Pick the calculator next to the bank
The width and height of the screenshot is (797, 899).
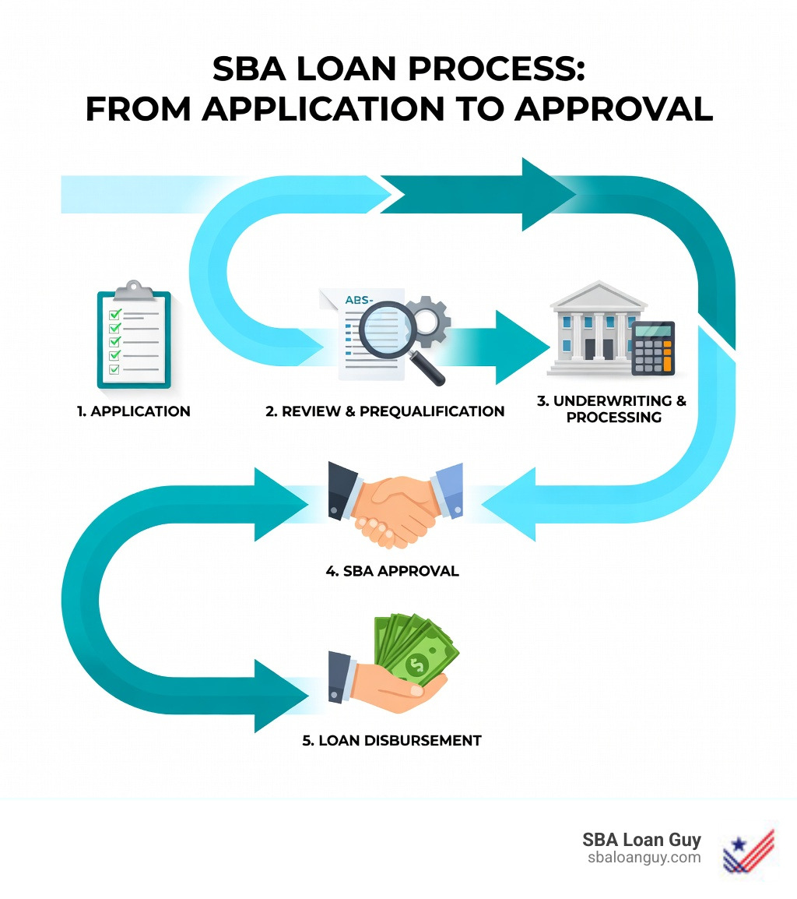click(x=652, y=348)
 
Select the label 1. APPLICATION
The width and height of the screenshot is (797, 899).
click(x=133, y=411)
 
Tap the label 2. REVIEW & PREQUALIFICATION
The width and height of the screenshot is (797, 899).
click(x=384, y=411)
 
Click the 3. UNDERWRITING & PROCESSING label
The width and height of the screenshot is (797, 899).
click(x=613, y=409)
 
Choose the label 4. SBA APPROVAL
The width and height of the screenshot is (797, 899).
click(x=391, y=571)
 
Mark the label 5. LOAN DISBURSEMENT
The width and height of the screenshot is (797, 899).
click(x=391, y=740)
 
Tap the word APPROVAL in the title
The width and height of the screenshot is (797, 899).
click(x=613, y=110)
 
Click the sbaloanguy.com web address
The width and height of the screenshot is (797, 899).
click(x=644, y=858)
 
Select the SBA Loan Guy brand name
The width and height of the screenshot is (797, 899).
click(x=641, y=840)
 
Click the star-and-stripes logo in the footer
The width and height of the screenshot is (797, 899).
click(x=748, y=849)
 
